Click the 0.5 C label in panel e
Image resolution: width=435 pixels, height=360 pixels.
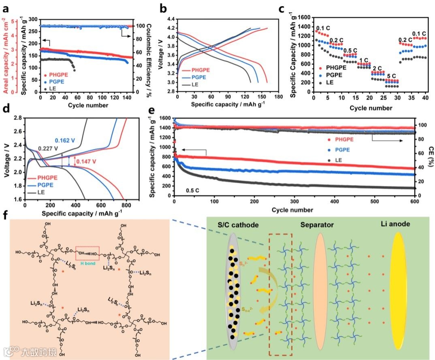click(x=193, y=189)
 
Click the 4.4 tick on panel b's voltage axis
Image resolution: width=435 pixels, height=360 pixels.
click(x=170, y=19)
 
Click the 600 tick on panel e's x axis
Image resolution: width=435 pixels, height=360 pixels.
click(x=414, y=202)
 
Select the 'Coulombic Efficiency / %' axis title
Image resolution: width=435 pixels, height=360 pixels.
click(x=144, y=56)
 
